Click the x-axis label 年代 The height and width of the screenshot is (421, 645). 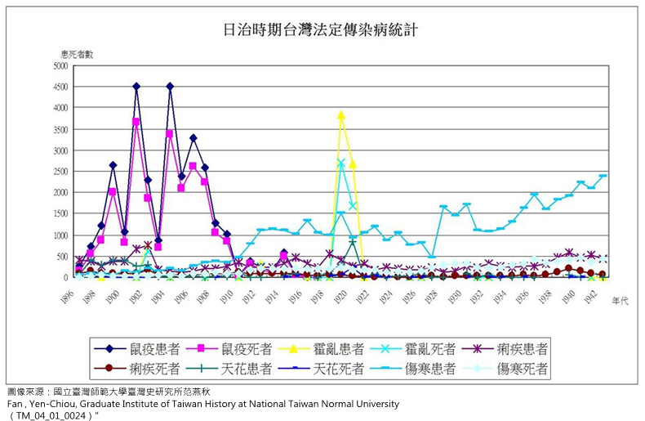tap(620, 301)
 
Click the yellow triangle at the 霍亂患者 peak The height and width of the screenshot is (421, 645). tap(341, 115)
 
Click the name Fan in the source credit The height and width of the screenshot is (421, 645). tap(13, 403)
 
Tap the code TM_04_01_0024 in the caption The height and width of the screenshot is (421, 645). tap(51, 414)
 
